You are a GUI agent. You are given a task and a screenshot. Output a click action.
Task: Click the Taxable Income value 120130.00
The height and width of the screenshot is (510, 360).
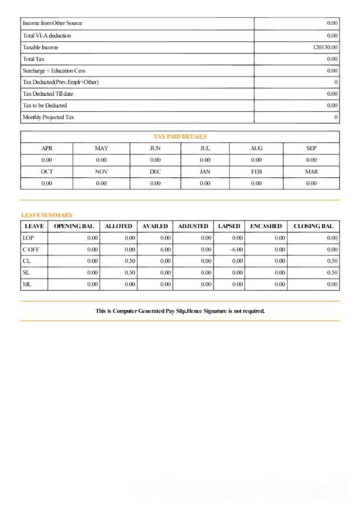[x=325, y=48]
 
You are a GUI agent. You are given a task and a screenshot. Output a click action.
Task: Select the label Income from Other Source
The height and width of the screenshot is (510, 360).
[x=52, y=23]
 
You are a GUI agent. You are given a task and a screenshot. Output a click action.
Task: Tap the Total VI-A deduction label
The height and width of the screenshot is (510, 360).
[x=47, y=36]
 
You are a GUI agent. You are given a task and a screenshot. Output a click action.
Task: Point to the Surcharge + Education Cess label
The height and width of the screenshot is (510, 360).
[x=54, y=71]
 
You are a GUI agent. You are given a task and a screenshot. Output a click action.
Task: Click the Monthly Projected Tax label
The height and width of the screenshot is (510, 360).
[x=48, y=117]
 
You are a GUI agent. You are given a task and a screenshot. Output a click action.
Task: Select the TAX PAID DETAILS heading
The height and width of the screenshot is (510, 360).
[x=180, y=136]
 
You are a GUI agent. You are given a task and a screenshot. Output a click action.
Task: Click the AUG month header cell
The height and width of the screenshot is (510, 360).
[x=256, y=149]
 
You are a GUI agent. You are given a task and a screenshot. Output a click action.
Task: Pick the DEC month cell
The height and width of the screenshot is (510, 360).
[x=155, y=172]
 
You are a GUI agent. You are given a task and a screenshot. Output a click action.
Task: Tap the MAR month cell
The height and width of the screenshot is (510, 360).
[x=311, y=172]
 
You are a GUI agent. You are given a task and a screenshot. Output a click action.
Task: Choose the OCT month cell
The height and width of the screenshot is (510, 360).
[x=47, y=172]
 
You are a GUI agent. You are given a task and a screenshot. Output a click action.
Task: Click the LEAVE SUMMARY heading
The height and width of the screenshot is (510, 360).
[x=47, y=215]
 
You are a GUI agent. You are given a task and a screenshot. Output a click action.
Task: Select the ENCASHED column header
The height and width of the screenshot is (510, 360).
[x=266, y=226]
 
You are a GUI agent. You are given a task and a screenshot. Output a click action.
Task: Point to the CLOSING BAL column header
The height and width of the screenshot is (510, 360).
[x=313, y=226]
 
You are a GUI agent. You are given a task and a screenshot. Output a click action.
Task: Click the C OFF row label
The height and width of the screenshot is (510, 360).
[x=31, y=250]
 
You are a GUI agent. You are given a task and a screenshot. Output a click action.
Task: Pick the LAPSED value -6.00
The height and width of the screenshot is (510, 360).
[x=236, y=250]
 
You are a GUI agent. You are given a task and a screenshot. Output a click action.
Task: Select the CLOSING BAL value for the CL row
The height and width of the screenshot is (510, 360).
[x=332, y=261]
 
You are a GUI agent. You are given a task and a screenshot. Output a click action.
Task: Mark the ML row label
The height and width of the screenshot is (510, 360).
[x=27, y=285]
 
